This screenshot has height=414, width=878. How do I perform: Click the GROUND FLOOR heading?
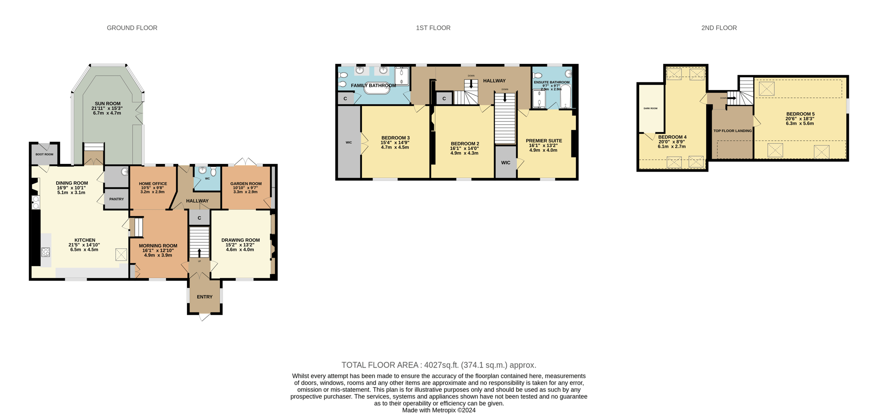coord(132,28)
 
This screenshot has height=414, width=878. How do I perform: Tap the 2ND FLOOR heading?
coord(719,28)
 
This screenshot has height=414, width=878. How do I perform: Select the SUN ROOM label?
coord(108,104)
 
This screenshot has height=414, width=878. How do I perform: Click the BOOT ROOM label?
coord(45,154)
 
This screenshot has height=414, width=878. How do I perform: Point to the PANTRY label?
coord(117,199)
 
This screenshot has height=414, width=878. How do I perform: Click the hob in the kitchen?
coord(46,252)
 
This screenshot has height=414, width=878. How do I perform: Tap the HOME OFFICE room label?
coord(153,184)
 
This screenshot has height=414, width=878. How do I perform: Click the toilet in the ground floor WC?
coord(213,172)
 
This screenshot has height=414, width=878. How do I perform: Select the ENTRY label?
coord(204,297)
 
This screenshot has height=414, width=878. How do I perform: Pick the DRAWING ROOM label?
coord(241,240)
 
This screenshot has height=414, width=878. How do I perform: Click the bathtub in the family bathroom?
coord(377,88)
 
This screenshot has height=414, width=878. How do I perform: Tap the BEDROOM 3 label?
coord(395,138)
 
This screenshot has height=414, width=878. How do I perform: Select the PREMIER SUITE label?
coord(544,141)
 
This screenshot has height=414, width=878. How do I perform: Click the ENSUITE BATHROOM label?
coord(552,82)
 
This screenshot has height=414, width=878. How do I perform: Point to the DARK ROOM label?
coord(650,109)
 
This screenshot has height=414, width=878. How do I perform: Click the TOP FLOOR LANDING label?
coord(732,131)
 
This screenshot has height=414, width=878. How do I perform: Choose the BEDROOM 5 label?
coord(800,114)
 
